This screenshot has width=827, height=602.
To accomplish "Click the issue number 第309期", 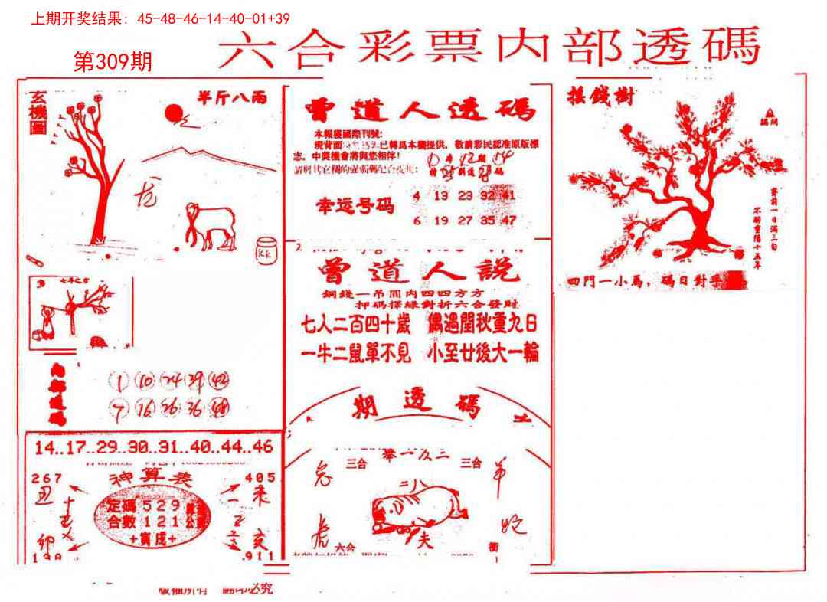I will click(x=113, y=62).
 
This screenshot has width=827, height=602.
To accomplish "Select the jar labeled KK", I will click(x=266, y=251).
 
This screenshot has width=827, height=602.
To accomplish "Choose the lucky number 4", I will click(x=416, y=195).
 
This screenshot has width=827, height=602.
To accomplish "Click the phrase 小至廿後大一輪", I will click(x=485, y=352).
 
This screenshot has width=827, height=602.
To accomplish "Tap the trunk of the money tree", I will click(x=697, y=222).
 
